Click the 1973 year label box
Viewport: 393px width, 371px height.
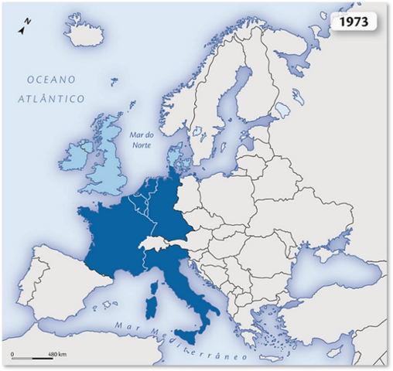pos(355,22)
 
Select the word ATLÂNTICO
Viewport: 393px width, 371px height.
pos(53,99)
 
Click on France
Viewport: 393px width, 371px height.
pos(116,240)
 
